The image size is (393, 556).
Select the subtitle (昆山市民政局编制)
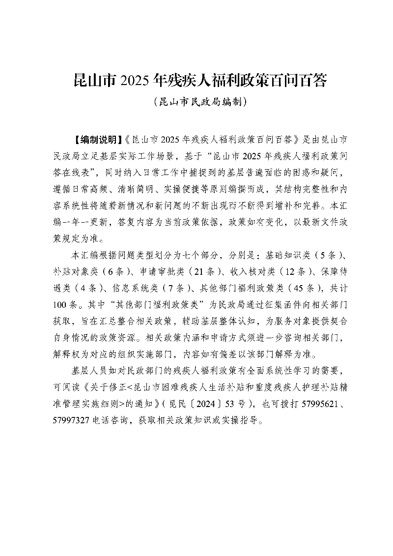pos(196,102)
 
